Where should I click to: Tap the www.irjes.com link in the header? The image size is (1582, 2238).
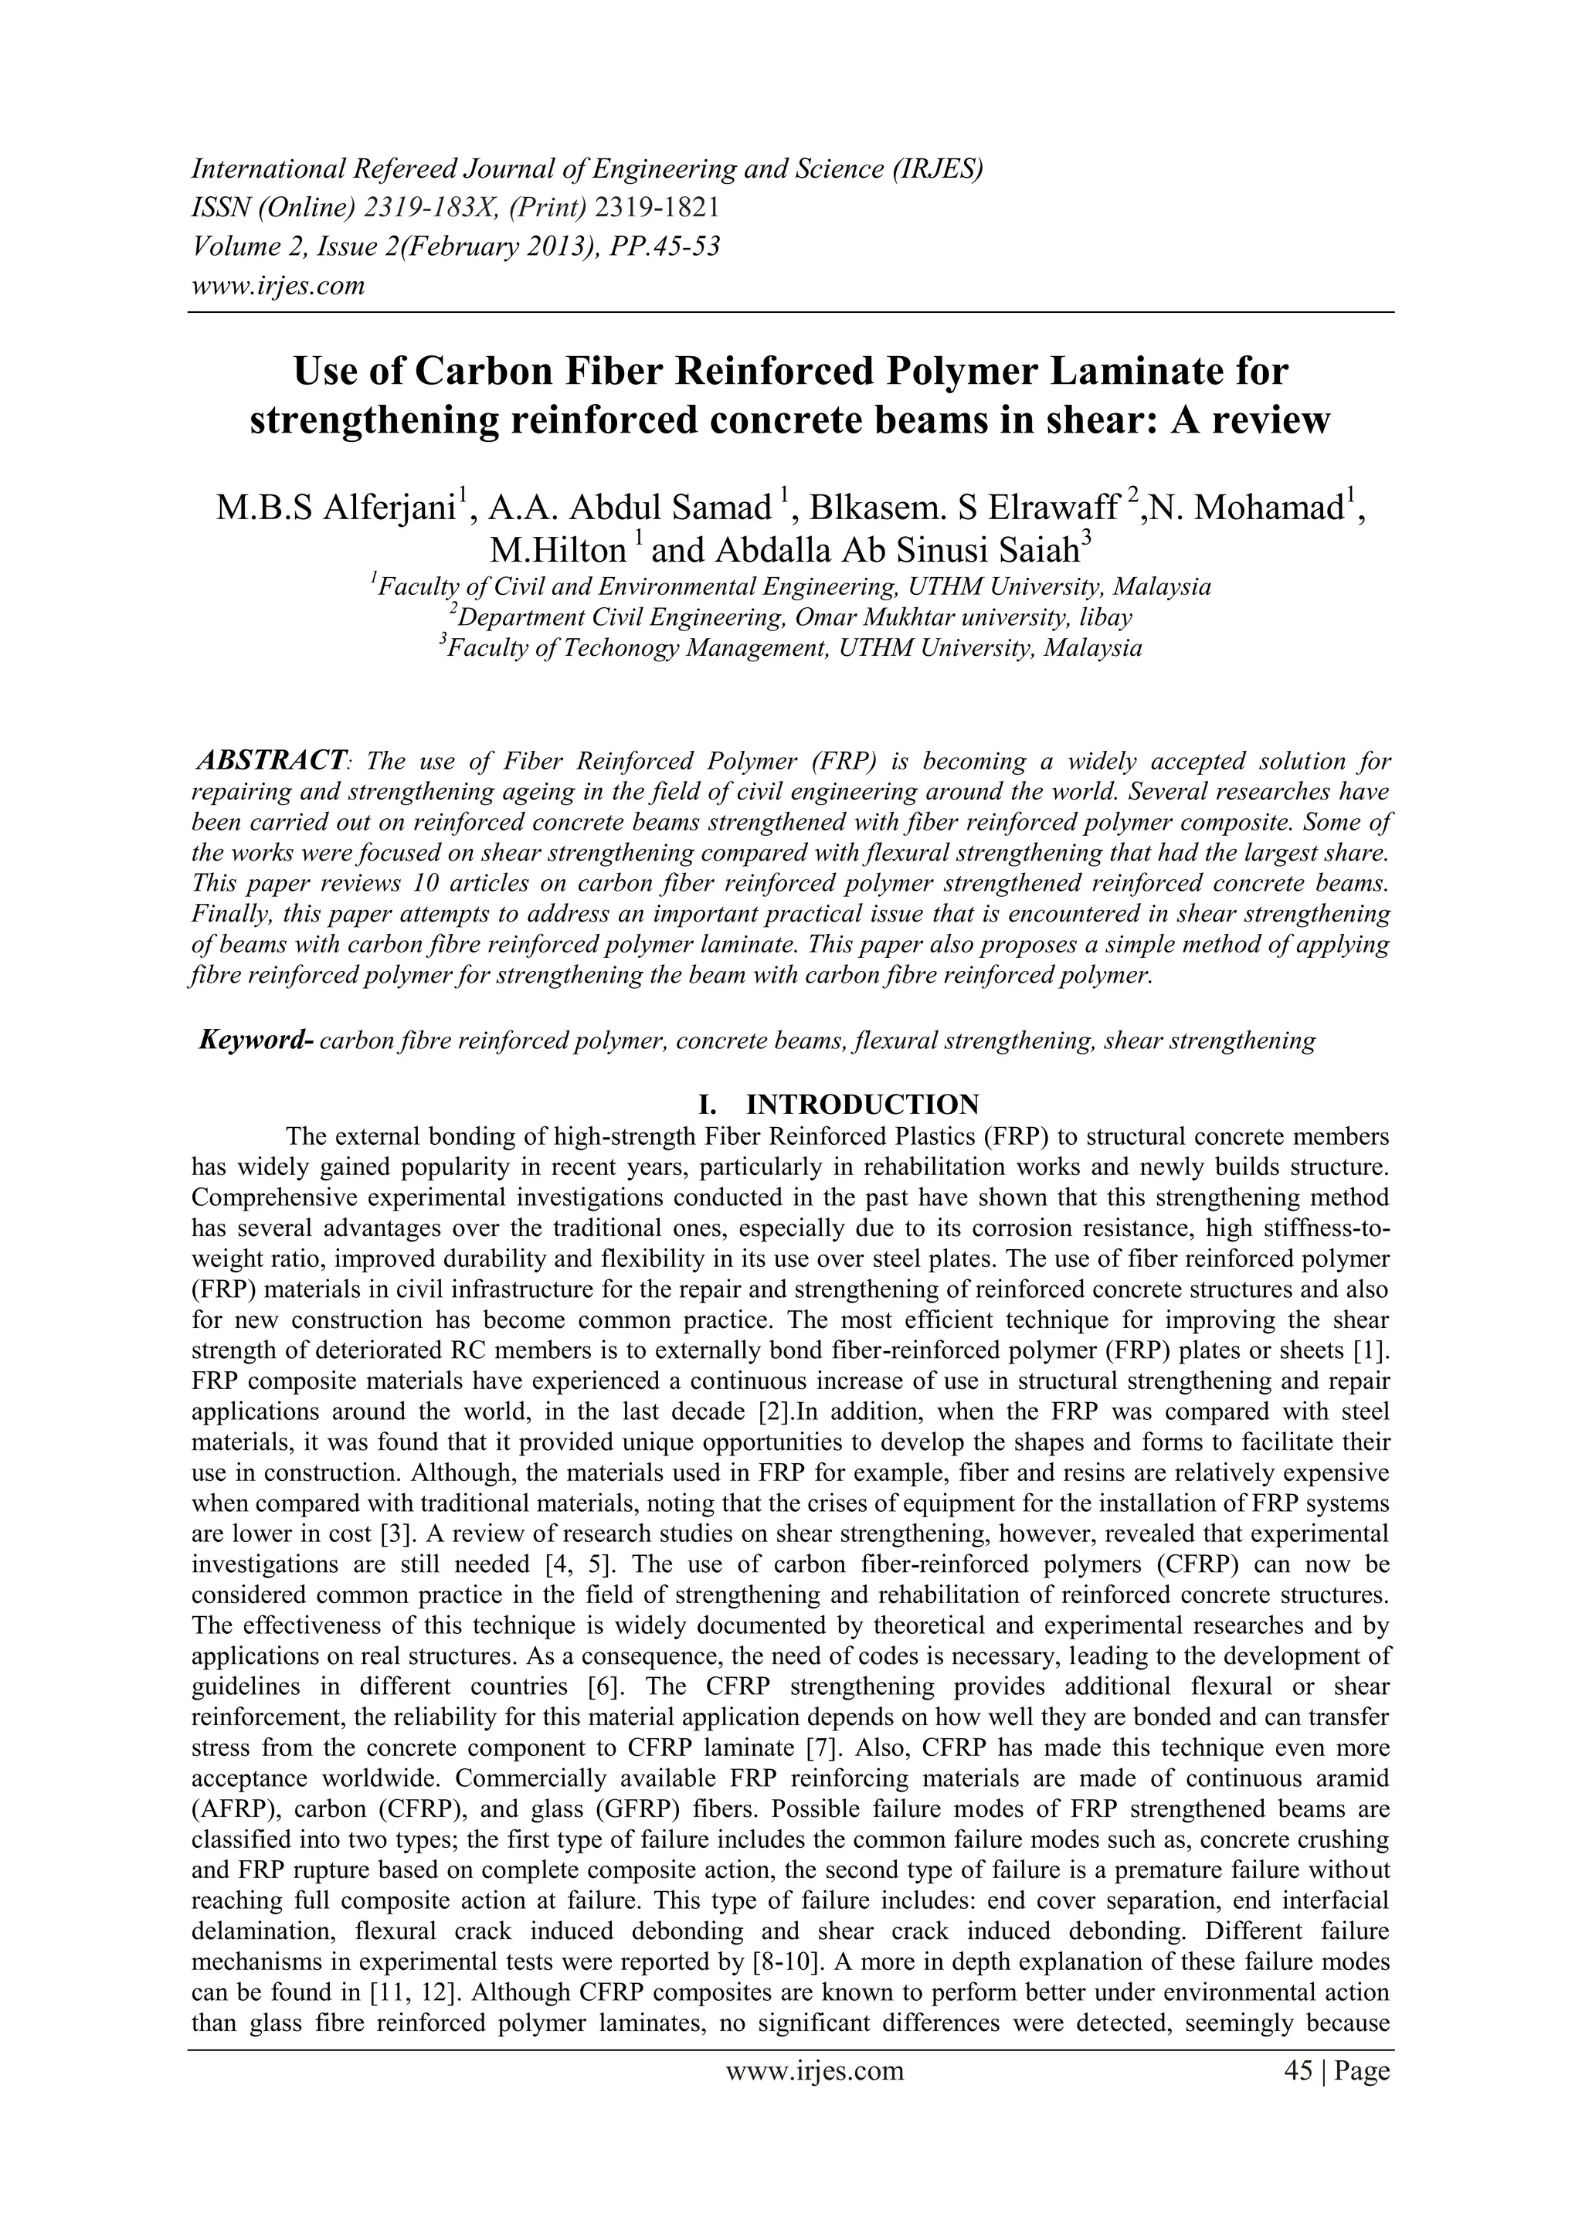pyautogui.click(x=278, y=286)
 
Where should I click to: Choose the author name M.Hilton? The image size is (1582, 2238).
pyautogui.click(x=558, y=551)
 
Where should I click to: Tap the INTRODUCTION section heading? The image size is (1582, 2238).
pyautogui.click(x=863, y=1105)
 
